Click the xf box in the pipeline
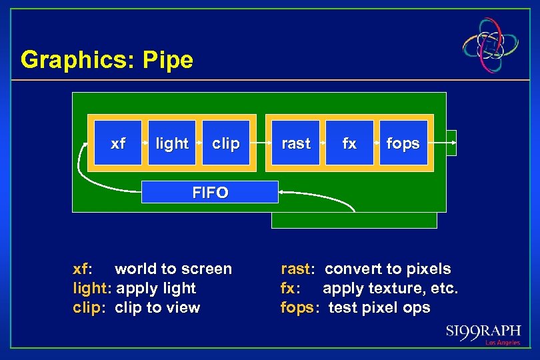[118, 143]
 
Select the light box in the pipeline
[171, 143]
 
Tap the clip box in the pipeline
[225, 143]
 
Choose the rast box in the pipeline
[296, 143]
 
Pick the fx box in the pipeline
[349, 143]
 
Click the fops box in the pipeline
[403, 143]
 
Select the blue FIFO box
[210, 193]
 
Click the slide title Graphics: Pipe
[107, 60]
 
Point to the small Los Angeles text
[502, 343]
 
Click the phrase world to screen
[173, 269]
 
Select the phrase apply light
[156, 289]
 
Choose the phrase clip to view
[157, 308]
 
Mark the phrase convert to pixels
[387, 269]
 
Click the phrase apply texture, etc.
[391, 289]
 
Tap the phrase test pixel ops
[379, 308]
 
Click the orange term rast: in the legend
[297, 269]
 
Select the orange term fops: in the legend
[299, 308]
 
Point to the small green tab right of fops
[451, 143]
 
